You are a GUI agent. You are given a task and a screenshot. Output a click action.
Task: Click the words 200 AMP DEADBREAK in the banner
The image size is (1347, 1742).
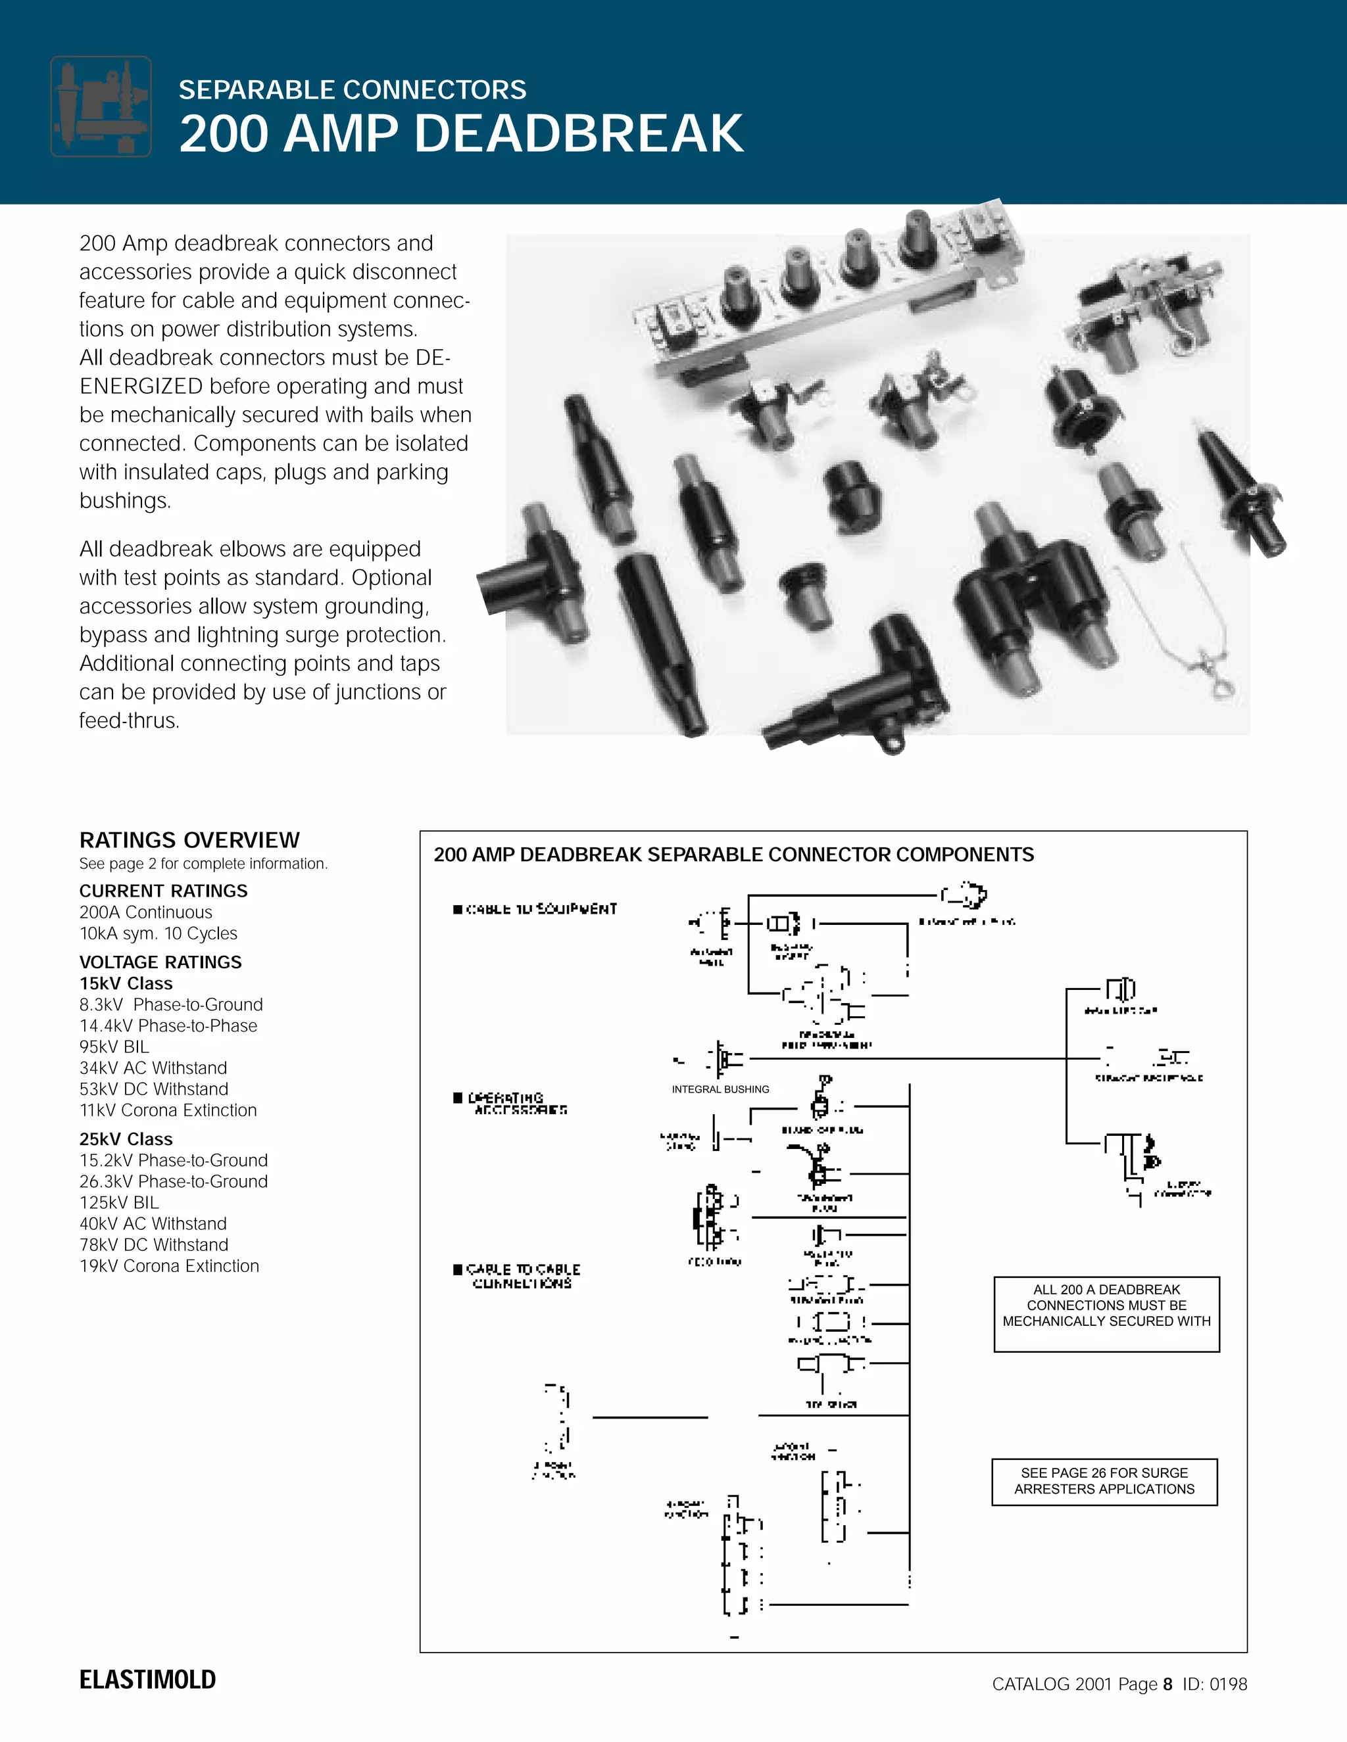461,133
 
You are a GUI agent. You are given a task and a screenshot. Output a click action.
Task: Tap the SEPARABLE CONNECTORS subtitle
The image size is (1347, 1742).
352,90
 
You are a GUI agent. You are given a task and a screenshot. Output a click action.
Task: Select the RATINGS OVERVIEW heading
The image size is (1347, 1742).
189,840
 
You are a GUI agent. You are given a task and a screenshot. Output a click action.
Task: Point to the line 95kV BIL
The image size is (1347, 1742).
114,1047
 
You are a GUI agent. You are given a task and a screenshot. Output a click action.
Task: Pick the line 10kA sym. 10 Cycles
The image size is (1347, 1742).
158,933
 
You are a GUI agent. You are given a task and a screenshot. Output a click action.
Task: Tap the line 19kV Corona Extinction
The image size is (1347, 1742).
169,1266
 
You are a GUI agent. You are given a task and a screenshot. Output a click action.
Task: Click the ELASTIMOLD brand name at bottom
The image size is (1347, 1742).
147,1680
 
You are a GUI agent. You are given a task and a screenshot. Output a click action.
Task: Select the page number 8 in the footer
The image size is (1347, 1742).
1167,1683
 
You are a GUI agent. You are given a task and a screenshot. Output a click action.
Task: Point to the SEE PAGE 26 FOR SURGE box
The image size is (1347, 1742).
1104,1480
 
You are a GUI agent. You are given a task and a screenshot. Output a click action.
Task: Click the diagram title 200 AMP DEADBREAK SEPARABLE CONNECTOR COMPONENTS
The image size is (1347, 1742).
733,855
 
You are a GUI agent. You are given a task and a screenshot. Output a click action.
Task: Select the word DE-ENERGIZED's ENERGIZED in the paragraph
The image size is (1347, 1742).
141,386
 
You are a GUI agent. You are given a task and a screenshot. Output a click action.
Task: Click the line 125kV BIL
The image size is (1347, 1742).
119,1202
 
